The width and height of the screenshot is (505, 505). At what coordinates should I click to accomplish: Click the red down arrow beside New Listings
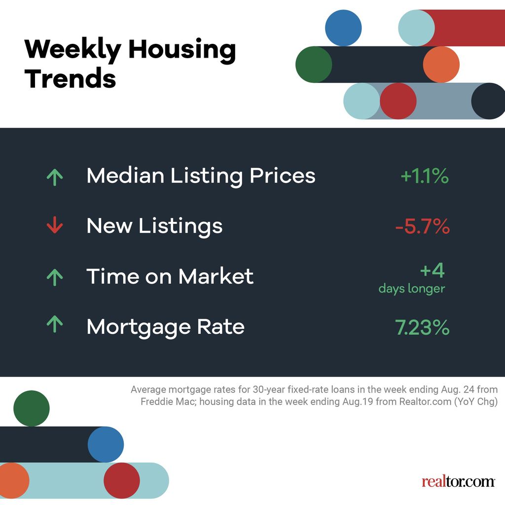(x=54, y=226)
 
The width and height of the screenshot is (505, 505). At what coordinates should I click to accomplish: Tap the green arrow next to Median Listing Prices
(x=54, y=176)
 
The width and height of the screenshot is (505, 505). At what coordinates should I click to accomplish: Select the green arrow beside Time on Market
(x=54, y=277)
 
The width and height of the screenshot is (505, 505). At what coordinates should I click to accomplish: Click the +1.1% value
(x=425, y=176)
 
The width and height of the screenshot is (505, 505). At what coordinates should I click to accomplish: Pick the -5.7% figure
(x=422, y=226)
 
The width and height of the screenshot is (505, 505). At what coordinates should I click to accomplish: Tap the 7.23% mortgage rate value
(x=422, y=327)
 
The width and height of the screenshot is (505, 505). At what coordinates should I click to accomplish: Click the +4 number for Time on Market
(x=432, y=271)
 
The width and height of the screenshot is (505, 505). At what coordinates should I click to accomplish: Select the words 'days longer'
(x=412, y=289)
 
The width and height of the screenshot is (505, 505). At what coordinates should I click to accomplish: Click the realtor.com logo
(x=458, y=481)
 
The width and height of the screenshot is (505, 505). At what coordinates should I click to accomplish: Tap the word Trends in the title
(x=70, y=78)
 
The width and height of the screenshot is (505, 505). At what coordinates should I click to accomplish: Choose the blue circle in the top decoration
(x=343, y=28)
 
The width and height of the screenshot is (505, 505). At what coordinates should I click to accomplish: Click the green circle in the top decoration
(x=314, y=65)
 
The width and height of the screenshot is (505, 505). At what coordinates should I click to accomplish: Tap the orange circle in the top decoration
(x=441, y=65)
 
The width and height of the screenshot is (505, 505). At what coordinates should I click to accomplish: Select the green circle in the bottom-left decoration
(x=32, y=408)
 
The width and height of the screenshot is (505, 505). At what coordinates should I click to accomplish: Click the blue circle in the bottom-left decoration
(x=106, y=444)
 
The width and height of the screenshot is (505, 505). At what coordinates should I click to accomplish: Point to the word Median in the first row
(x=126, y=176)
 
